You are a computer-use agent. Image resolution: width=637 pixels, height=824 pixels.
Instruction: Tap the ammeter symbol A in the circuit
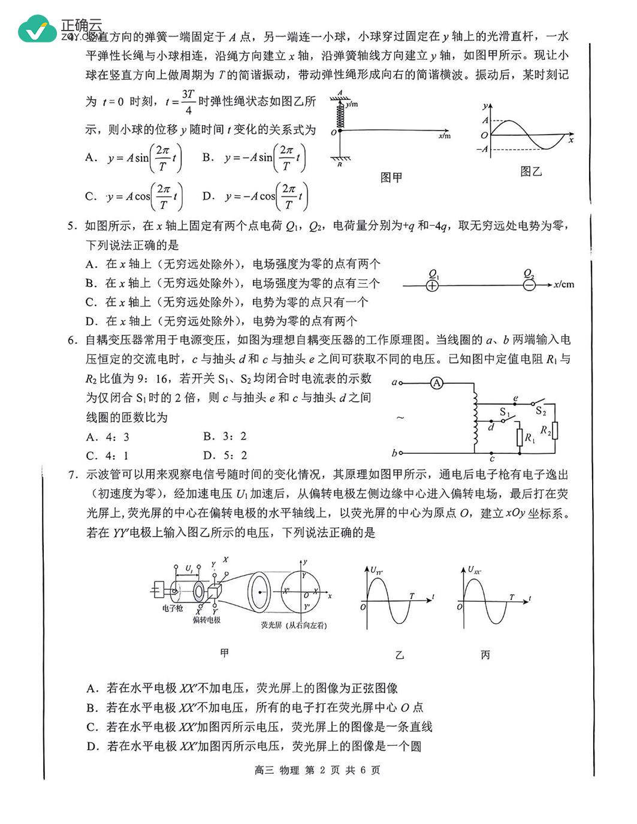437,383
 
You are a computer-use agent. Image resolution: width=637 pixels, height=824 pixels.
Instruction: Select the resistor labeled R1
520,438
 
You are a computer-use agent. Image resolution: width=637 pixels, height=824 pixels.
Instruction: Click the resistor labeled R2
555,431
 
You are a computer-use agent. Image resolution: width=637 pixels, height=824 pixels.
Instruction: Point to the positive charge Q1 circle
433,286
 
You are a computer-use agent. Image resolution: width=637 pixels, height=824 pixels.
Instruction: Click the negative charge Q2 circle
529,285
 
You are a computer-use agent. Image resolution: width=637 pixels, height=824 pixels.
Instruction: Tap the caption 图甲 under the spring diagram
391,177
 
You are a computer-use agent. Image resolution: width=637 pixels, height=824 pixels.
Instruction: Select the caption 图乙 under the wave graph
531,172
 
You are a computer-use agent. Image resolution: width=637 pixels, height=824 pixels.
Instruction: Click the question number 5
72,226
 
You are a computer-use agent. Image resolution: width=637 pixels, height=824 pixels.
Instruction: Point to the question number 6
72,340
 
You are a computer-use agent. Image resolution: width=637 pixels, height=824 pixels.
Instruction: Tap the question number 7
72,475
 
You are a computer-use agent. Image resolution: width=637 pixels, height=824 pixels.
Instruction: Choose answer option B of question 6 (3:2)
225,436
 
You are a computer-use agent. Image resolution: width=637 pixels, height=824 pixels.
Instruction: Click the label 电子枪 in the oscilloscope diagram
173,608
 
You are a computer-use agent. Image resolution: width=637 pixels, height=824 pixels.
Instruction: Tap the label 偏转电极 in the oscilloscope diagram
206,620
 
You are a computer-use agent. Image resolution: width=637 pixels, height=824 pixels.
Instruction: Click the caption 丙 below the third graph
485,655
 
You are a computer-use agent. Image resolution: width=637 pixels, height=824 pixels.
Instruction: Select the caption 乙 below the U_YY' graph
400,655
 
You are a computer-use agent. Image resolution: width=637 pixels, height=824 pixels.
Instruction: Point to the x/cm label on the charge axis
564,284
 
